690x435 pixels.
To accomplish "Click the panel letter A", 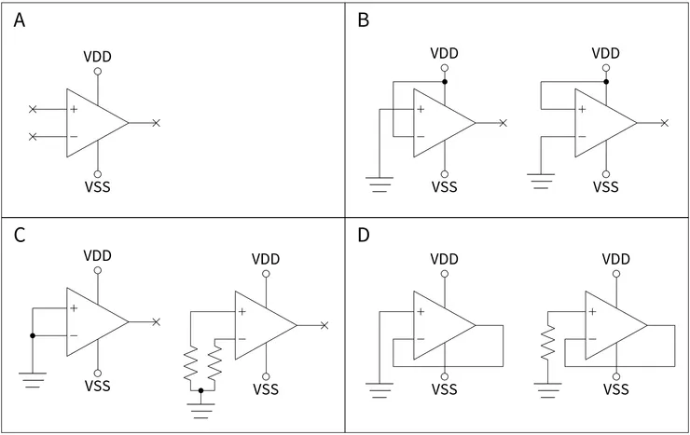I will tap(20, 20).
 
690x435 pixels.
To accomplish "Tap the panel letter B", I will tap(365, 20).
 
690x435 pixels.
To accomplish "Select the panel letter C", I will tap(20, 234).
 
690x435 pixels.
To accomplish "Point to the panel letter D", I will tap(365, 234).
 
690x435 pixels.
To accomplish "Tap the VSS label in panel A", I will tap(97, 186).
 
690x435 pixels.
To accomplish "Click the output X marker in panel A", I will tap(156, 123).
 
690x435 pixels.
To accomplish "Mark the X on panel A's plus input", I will tap(34, 110).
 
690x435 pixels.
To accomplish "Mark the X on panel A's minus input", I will tap(34, 137).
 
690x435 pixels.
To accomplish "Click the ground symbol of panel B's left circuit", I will tap(379, 184).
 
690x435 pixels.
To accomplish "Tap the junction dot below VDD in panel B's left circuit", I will tap(445, 82).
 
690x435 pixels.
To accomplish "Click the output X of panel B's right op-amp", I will tap(664, 123).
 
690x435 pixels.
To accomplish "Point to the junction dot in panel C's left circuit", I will tap(33, 335).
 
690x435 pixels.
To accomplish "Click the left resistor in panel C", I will tap(190, 365).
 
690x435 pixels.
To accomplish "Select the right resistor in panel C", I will tap(216, 365).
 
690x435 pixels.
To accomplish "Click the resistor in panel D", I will tap(548, 343).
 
